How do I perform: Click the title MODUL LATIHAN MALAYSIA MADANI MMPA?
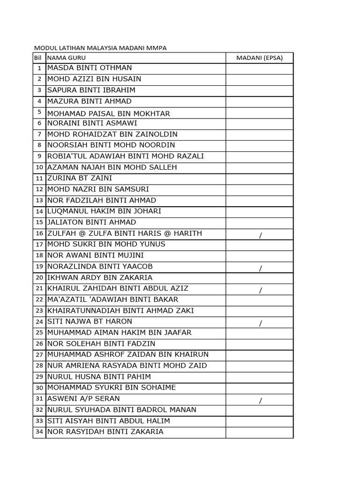click(x=100, y=48)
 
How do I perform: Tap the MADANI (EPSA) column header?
click(x=259, y=58)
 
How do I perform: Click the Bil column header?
click(x=38, y=58)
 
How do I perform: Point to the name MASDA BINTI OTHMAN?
click(x=90, y=68)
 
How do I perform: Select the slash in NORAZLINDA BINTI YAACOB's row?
click(x=261, y=268)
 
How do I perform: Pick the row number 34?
click(x=39, y=432)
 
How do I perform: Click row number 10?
click(x=39, y=167)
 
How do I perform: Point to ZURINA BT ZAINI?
click(x=80, y=178)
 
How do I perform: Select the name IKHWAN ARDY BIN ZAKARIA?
click(x=100, y=277)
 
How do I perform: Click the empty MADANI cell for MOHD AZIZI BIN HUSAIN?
click(x=259, y=79)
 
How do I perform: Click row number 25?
click(x=39, y=333)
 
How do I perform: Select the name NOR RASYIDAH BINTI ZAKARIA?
click(x=105, y=432)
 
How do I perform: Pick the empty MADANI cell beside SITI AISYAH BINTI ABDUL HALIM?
click(x=259, y=421)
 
